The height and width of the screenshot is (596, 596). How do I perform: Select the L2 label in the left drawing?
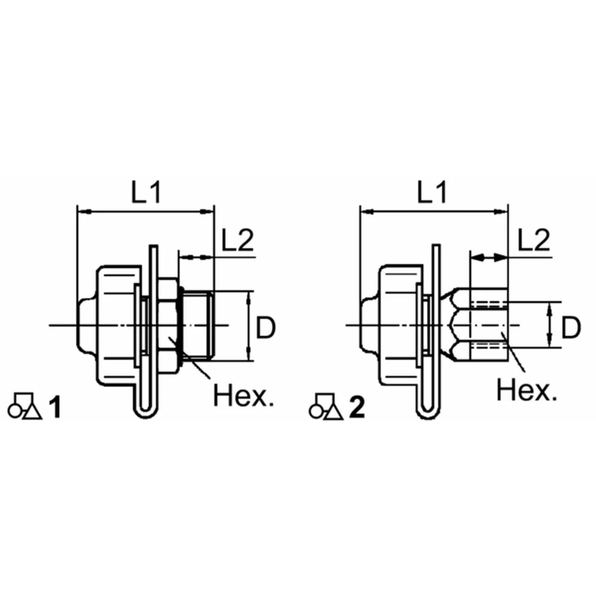237,240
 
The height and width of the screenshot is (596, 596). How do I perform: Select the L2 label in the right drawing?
533,240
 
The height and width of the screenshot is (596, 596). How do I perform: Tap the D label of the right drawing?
571,328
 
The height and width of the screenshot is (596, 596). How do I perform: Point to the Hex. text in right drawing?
526,390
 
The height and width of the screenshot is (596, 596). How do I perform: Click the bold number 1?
55,408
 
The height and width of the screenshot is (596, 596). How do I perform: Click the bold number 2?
357,408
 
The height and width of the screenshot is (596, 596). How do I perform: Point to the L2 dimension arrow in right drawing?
489,257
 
